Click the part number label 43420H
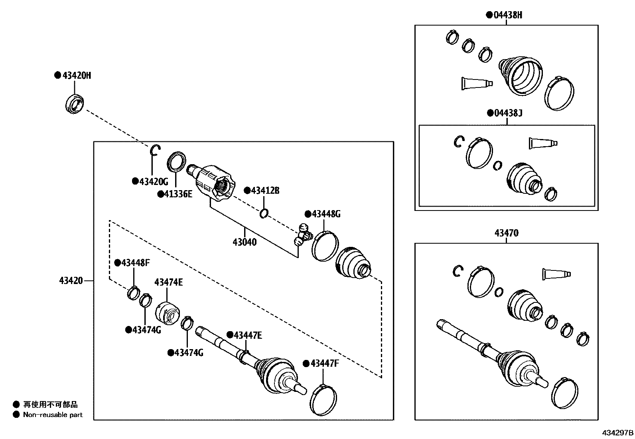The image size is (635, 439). coord(77,75)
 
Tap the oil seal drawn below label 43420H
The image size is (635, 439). coord(75,104)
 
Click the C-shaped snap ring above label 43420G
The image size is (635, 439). coord(155,151)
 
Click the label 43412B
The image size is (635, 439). coord(265,191)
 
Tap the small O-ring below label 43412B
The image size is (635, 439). coord(264,213)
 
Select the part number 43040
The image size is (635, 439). coord(245,242)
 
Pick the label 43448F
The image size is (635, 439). coord(136,263)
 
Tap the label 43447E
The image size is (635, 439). coord(248,335)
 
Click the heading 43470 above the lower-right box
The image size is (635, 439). coord(507,233)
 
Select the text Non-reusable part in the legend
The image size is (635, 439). coord(53,415)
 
